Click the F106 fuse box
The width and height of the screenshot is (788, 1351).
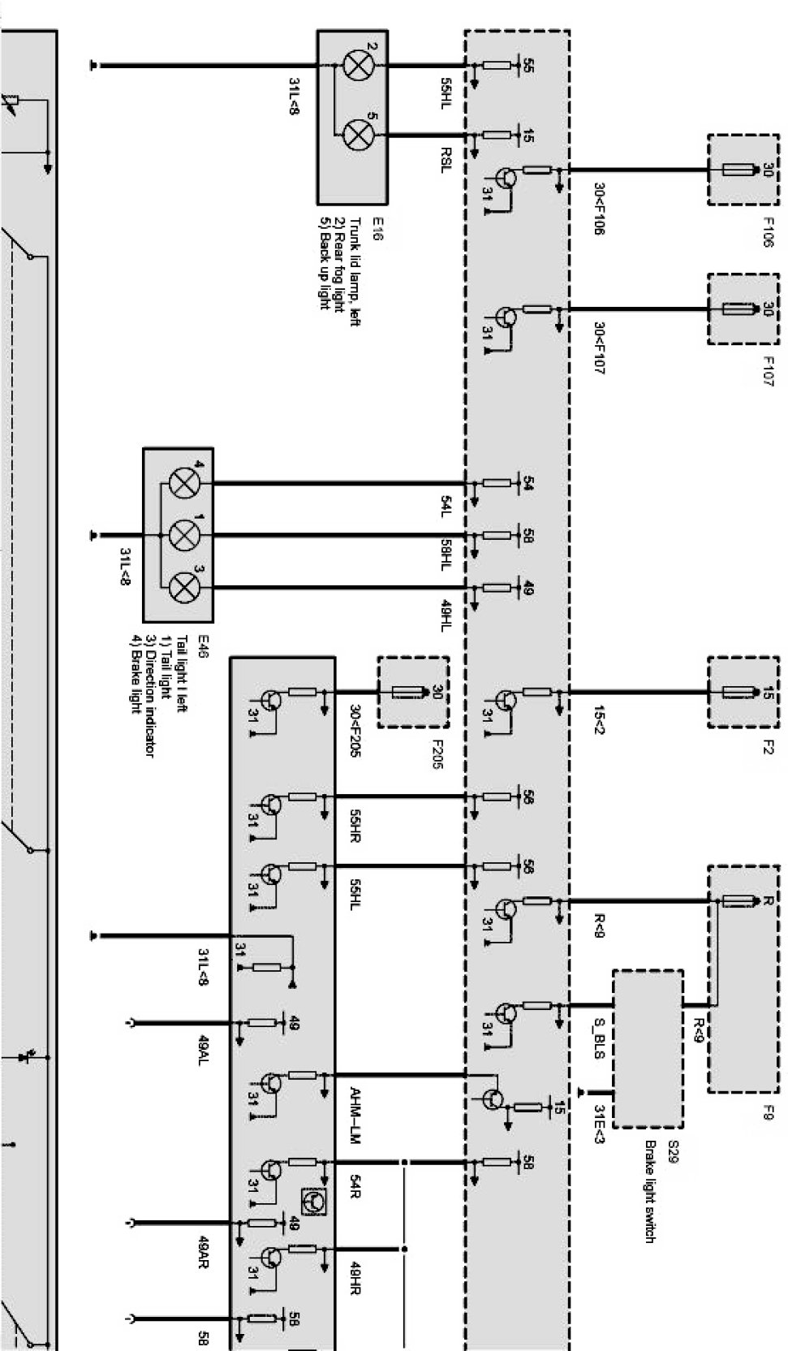[x=743, y=170]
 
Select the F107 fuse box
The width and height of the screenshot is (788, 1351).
[x=743, y=309]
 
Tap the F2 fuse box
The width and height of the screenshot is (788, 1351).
[x=743, y=693]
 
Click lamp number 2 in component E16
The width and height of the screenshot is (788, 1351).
[x=355, y=65]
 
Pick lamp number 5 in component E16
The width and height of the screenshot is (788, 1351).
[x=355, y=134]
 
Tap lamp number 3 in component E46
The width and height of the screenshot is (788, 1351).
[x=183, y=586]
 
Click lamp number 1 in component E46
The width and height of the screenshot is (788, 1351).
[x=183, y=535]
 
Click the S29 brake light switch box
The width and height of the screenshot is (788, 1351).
[x=648, y=1047]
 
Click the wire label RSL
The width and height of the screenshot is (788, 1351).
[x=446, y=159]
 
